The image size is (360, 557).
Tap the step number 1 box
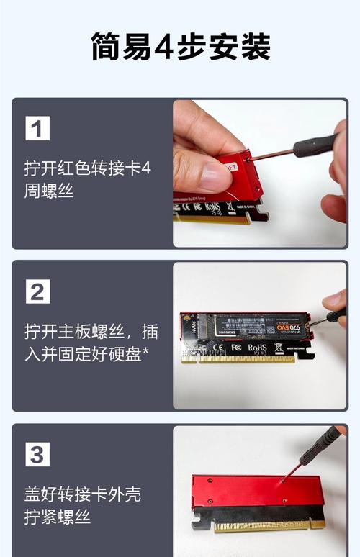(37, 129)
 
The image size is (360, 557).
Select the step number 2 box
(37, 291)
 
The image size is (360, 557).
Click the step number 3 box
(37, 455)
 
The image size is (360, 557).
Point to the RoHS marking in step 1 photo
(212, 207)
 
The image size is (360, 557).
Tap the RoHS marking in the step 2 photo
(257, 348)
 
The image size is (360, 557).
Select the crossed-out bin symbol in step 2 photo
(278, 348)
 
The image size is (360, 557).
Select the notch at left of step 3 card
(195, 523)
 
